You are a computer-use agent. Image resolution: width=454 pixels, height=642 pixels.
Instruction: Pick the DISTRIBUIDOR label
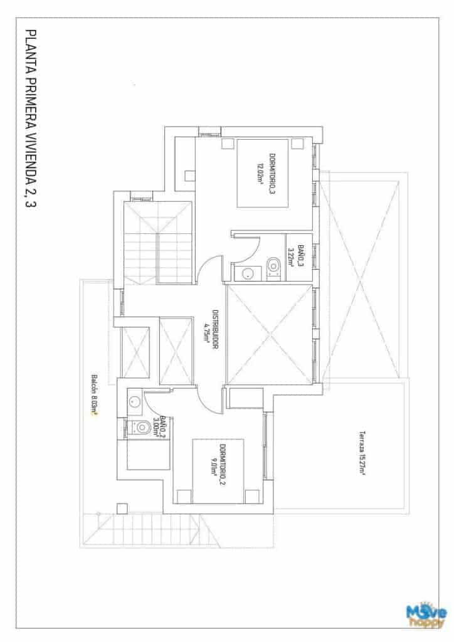point(215,326)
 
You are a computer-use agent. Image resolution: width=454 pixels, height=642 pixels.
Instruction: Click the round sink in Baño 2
point(134,402)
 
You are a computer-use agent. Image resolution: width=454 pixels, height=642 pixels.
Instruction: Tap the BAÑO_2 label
point(162,426)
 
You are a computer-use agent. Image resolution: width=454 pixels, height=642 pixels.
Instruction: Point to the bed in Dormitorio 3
point(262,172)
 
